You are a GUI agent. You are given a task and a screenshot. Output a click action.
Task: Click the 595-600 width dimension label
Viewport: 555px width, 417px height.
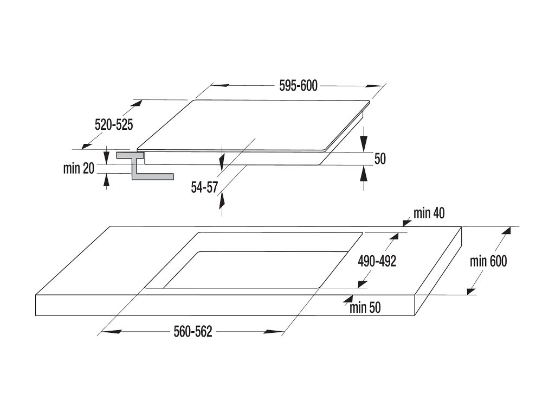pos(299,86)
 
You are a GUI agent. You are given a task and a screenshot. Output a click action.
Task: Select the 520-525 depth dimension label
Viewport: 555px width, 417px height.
pos(114,124)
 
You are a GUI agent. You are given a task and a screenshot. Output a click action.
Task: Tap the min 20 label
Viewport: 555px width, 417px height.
pos(79,168)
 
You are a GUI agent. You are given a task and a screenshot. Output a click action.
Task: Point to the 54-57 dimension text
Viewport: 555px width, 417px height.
pos(204,187)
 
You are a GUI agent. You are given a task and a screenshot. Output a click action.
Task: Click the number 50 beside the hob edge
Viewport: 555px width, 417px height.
pos(380,159)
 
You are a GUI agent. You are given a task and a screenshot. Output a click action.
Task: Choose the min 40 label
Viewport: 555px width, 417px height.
pos(429,213)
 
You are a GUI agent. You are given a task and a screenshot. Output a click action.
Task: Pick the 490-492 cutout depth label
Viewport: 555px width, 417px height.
pos(377,261)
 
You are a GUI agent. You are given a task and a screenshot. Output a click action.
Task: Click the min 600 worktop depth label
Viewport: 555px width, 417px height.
pos(488,261)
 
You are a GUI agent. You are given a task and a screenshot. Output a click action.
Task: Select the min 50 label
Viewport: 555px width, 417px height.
pos(365,307)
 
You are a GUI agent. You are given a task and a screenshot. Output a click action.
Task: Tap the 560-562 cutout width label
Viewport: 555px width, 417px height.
pos(193,332)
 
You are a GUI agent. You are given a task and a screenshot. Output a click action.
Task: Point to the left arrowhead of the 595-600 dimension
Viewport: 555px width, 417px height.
pos(221,85)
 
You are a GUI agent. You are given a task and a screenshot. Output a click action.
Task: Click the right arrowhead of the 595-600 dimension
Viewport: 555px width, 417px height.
pos(375,86)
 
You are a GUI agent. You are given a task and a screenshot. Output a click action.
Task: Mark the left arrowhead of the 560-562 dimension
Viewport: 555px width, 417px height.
pos(110,332)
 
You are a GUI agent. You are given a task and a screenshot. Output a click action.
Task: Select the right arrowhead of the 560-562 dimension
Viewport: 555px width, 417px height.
pos(273,332)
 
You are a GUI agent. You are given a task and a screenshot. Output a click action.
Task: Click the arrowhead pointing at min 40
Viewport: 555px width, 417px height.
pos(407,222)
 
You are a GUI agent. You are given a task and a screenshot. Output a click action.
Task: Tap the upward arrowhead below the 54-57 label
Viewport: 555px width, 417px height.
pos(222,200)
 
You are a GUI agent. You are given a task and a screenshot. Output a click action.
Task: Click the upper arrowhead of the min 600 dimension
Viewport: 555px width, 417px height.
pos(506,231)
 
